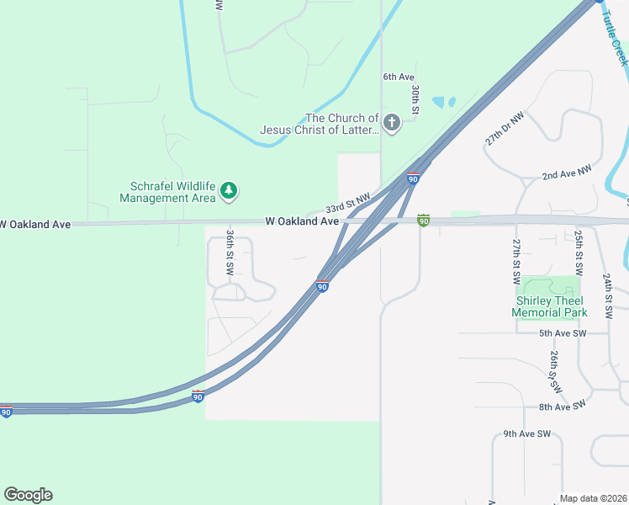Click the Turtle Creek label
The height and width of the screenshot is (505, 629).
(x=616, y=41)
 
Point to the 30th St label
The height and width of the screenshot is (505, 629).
(x=415, y=98)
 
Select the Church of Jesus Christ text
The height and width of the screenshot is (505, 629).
(x=320, y=124)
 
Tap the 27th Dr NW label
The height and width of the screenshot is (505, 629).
(x=505, y=129)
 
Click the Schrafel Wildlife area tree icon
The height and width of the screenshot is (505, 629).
(x=228, y=192)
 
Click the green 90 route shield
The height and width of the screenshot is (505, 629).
(x=424, y=221)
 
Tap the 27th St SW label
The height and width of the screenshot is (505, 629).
(x=516, y=260)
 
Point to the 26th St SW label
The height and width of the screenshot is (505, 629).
(x=554, y=373)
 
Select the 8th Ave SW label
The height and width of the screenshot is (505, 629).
(x=567, y=407)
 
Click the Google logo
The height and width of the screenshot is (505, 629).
(x=28, y=495)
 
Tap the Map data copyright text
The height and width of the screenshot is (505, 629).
(x=593, y=498)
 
